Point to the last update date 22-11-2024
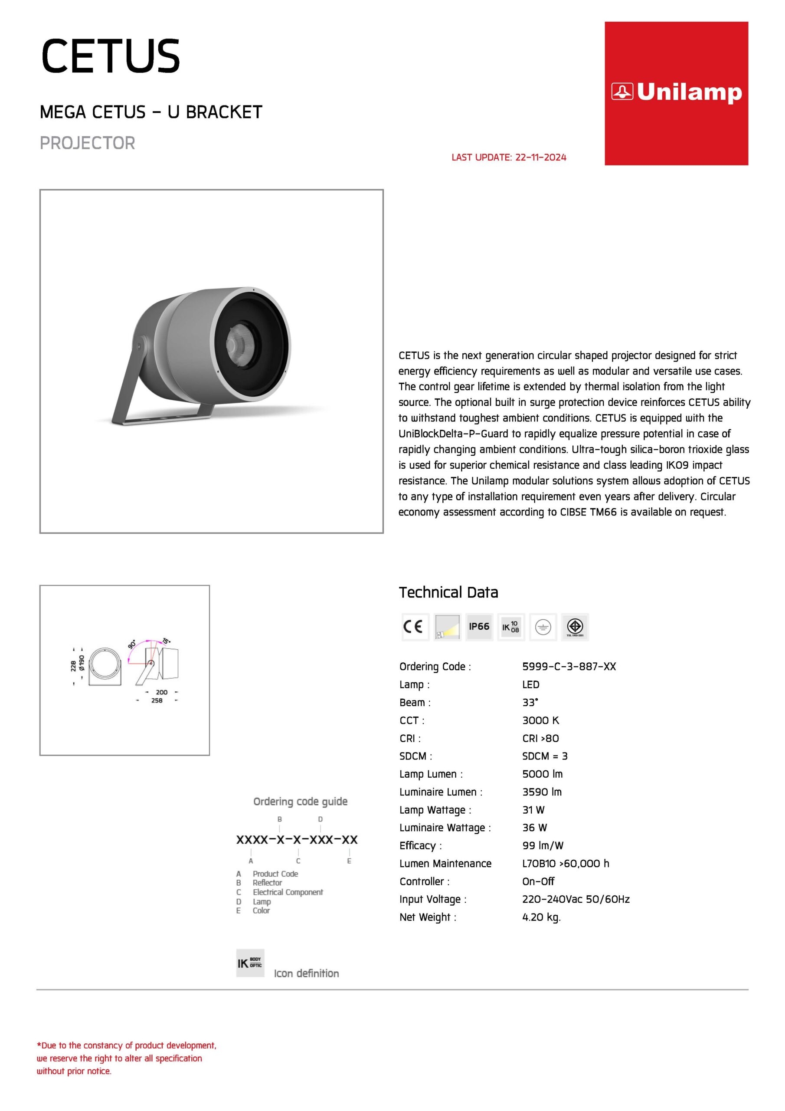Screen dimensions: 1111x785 pos(540,157)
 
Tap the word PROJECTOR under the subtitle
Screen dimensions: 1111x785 pos(88,143)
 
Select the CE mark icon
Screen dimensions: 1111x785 pos(415,627)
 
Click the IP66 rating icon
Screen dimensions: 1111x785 pos(479,627)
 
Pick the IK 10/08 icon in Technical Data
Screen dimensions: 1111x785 pos(511,627)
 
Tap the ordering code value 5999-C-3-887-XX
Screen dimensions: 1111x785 pos(569,666)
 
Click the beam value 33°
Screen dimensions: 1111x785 pos(530,702)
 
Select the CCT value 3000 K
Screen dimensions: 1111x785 pos(540,720)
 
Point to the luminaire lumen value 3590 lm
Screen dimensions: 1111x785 pos(542,792)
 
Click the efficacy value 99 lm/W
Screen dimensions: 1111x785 pos(543,845)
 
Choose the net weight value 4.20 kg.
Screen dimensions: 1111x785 pos(541,917)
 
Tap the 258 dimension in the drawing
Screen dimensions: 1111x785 pos(157,700)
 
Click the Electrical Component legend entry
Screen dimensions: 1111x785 pos(287,892)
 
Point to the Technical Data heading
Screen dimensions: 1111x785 pos(448,592)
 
